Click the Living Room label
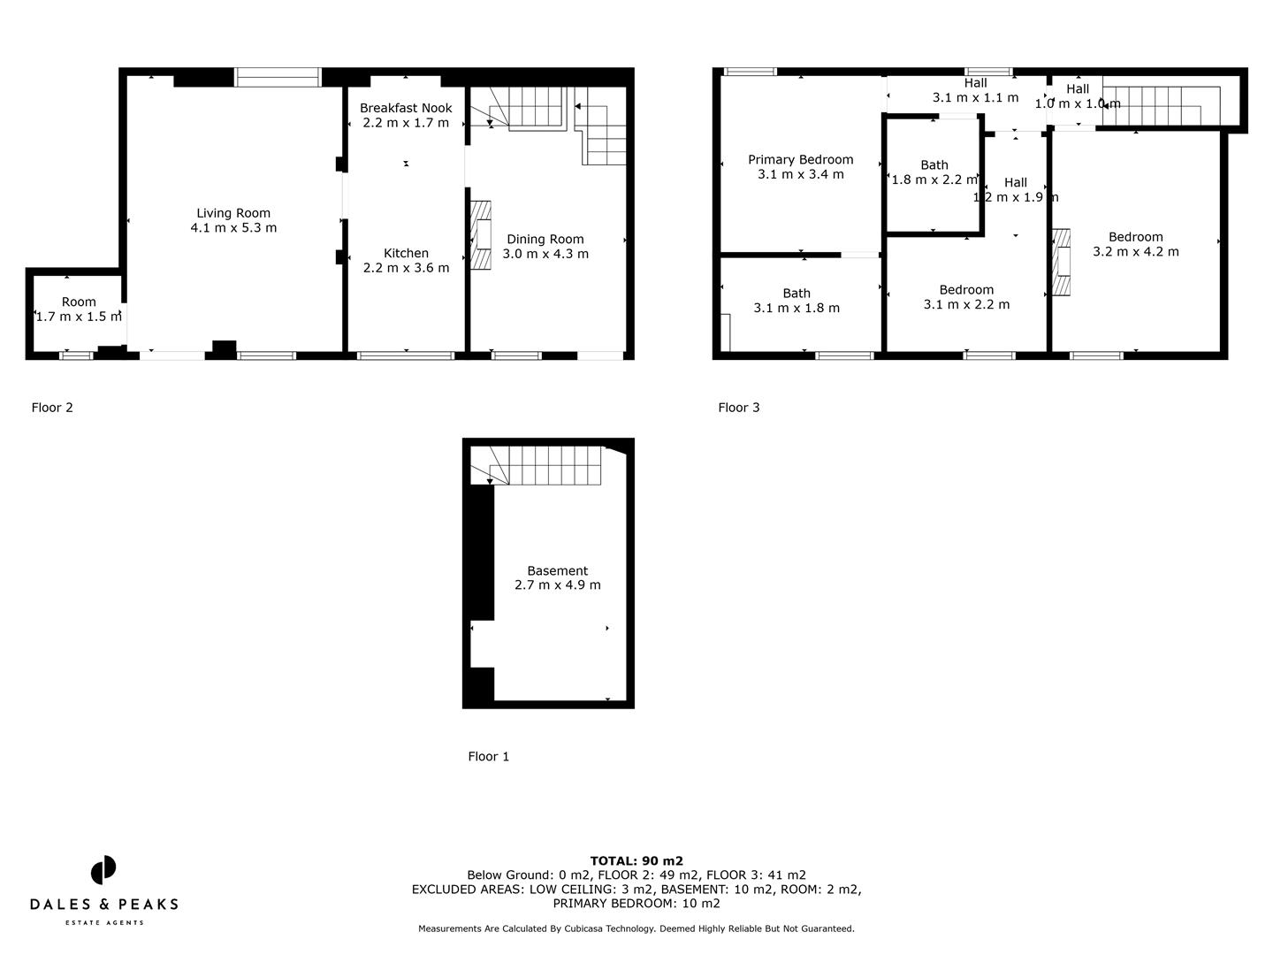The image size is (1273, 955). click(233, 213)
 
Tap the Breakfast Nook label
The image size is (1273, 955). click(406, 108)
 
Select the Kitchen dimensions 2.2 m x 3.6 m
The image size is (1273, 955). click(406, 268)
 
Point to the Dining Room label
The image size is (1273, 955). click(545, 239)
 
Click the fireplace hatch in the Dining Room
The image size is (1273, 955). click(480, 235)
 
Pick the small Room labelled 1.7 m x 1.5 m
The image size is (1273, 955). click(79, 309)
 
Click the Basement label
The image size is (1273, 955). click(557, 571)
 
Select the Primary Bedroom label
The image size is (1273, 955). click(800, 160)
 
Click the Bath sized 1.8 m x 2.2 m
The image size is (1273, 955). click(934, 172)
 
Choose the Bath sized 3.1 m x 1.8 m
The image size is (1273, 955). click(797, 301)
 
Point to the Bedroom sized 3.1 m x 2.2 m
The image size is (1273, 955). click(966, 297)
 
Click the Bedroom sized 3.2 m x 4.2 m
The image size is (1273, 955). click(1135, 244)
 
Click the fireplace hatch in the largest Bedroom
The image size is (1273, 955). click(1061, 262)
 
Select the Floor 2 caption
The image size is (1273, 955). click(52, 408)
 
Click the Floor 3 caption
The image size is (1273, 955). click(738, 408)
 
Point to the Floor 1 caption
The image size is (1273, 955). click(488, 757)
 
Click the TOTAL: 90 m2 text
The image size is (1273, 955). click(636, 860)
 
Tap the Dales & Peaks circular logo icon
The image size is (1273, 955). click(103, 869)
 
